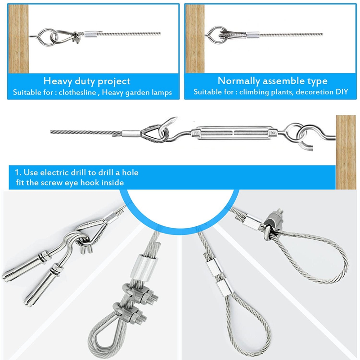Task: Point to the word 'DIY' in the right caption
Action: [343, 92]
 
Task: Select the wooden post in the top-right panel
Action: [194, 38]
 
